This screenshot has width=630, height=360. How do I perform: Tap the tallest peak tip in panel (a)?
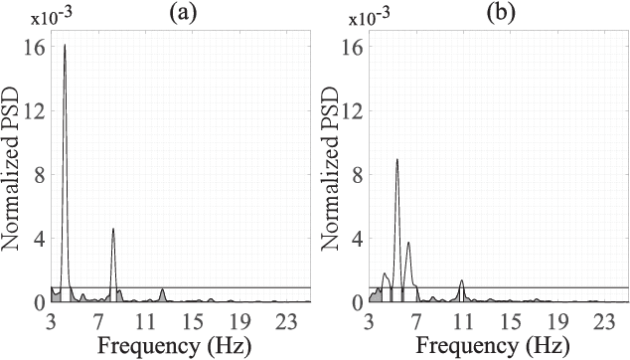[x=66, y=45]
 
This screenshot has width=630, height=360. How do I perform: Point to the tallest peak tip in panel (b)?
[x=396, y=159]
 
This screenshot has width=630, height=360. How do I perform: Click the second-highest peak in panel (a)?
[x=113, y=229]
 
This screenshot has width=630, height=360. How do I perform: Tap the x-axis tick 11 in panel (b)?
[x=462, y=321]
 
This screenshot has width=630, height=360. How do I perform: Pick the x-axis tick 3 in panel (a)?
[x=51, y=321]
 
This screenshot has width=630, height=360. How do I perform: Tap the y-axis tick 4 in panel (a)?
[x=39, y=239]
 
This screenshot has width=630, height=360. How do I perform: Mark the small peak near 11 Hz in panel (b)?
[x=461, y=281]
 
